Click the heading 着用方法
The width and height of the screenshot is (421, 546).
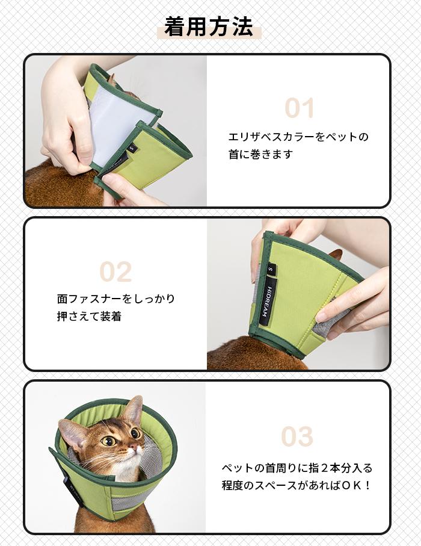[209, 26]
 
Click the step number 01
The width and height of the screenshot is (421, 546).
[299, 108]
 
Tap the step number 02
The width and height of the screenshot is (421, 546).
[115, 272]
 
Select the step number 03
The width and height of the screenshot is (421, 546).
[297, 437]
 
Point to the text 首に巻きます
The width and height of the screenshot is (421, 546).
[260, 154]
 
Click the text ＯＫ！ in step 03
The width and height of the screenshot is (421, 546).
[357, 485]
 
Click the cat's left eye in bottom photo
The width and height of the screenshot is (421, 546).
[109, 441]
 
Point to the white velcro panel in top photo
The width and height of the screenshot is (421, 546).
[117, 118]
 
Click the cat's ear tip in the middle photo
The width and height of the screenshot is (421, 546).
[336, 253]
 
